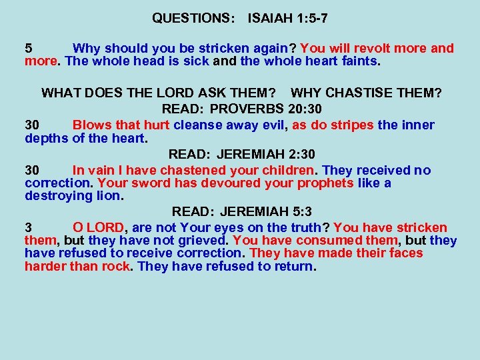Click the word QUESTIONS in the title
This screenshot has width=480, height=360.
193,19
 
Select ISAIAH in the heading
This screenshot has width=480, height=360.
271,19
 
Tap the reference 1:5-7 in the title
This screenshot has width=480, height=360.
311,19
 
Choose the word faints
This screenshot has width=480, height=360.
359,62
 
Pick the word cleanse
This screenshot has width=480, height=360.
199,125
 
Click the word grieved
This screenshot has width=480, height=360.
200,241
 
